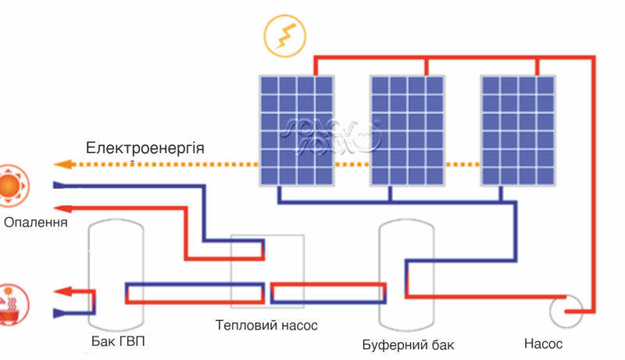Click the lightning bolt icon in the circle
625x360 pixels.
(284, 35)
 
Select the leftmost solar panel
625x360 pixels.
(297, 130)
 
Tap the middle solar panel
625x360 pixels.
(407, 130)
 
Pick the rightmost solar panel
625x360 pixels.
(517, 130)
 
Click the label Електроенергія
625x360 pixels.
(145, 148)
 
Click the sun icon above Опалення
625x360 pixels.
(10, 186)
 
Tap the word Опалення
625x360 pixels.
(36, 223)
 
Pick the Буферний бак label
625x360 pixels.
(408, 344)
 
